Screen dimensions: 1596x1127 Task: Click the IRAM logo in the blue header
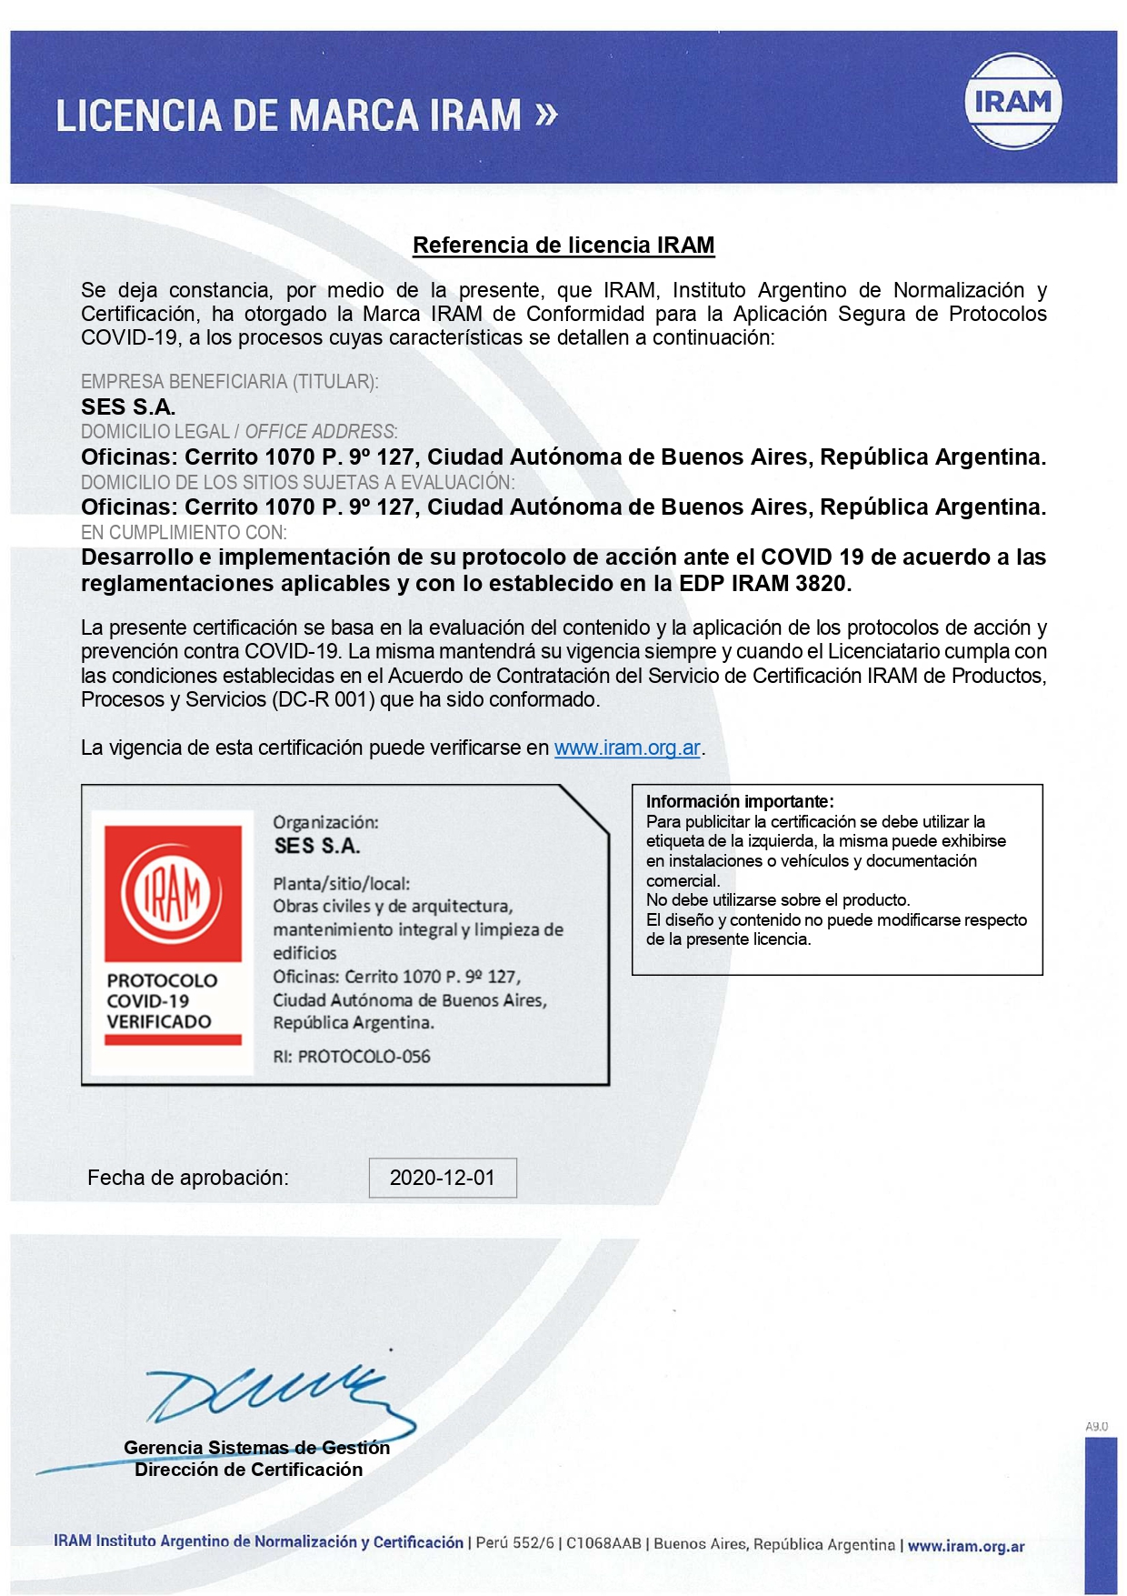[1012, 101]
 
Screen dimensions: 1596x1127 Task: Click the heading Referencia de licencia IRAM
[563, 246]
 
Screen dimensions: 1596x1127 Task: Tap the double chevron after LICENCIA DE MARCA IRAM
[545, 115]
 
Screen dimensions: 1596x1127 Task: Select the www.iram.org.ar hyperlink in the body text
[627, 748]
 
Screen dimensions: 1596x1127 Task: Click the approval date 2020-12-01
[443, 1178]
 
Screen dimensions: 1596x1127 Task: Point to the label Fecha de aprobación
[188, 1178]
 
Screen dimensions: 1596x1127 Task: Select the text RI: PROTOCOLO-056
[352, 1057]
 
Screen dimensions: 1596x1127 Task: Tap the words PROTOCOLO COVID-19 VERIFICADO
[162, 1000]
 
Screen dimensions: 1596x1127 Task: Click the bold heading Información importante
[739, 801]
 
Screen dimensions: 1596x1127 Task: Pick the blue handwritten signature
[273, 1396]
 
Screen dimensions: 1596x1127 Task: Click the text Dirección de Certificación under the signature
[248, 1470]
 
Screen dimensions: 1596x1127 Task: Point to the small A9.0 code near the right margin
[1096, 1427]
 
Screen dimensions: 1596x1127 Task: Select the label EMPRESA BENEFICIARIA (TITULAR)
[229, 382]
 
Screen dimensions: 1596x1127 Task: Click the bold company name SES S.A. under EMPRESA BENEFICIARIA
[128, 407]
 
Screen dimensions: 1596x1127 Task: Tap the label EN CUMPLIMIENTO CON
[184, 532]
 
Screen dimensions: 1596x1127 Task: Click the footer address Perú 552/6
[514, 1543]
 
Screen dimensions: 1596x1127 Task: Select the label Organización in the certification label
[325, 822]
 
